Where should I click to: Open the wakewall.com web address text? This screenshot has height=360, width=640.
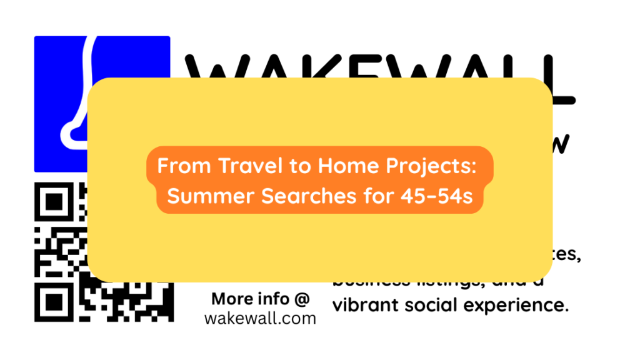(260, 318)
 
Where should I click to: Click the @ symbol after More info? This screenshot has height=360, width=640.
(301, 298)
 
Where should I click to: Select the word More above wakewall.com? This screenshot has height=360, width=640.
(231, 298)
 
